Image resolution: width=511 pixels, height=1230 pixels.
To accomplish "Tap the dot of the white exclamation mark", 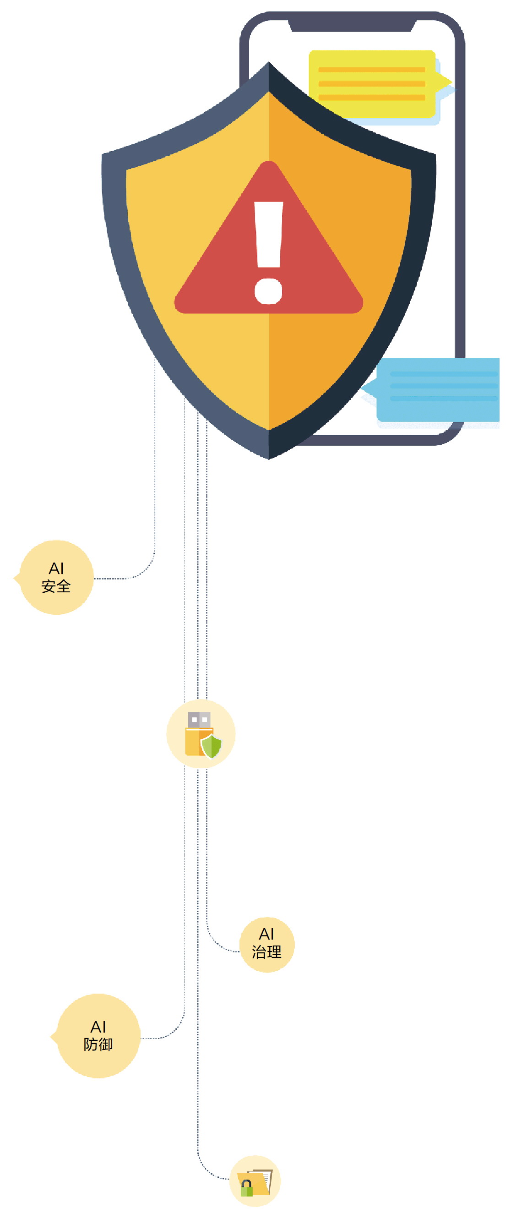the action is (269, 291).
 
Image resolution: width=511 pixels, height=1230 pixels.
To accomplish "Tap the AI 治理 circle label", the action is (266, 945).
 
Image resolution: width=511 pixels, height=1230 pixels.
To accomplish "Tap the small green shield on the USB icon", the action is (212, 746).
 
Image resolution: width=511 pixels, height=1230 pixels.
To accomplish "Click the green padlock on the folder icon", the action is (247, 1188).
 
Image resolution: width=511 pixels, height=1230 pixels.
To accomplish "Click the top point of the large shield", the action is (269, 62).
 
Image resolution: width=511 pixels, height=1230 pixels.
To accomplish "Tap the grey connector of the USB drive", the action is (199, 720).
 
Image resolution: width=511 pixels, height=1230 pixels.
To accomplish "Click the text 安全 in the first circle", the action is (56, 586).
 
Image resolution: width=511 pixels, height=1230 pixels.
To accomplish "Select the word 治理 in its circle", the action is (266, 952).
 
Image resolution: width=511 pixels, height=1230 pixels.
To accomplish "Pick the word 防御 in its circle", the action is (98, 1045).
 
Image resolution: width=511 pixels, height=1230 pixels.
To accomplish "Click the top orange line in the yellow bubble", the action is (372, 70).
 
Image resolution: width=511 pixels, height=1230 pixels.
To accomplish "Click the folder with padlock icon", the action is (255, 1182).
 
